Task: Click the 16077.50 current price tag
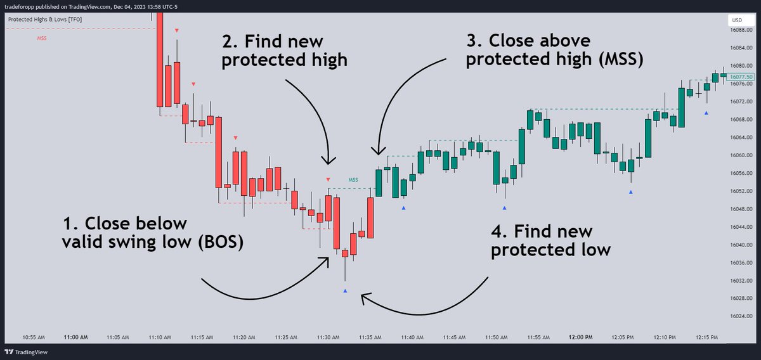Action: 741,76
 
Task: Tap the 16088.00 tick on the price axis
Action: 740,30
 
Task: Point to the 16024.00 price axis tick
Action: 740,316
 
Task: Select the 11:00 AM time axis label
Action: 75,338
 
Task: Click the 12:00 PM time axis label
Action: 580,338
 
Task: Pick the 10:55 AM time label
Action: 33,338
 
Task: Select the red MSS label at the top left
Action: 41,39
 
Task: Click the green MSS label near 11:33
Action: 353,179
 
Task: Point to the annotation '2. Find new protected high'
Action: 284,51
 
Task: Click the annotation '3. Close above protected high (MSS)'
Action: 555,51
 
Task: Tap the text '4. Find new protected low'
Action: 550,240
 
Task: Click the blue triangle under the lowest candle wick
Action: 345,291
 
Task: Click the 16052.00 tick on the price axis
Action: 740,191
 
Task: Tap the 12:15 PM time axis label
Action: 705,338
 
